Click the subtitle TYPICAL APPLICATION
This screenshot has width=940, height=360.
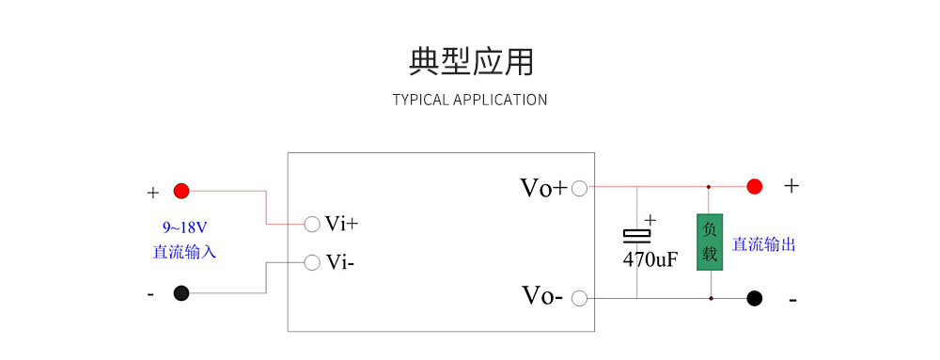(x=470, y=100)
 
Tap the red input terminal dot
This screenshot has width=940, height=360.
(x=181, y=192)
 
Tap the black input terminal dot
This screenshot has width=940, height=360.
(x=181, y=293)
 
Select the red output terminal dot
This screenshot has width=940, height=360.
(x=754, y=186)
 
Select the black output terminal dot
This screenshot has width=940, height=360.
(x=754, y=299)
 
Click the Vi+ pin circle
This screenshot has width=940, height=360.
(x=312, y=224)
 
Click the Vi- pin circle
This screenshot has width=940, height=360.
(x=312, y=262)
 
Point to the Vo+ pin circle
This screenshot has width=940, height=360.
(x=579, y=188)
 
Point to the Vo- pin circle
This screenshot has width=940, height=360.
(x=579, y=299)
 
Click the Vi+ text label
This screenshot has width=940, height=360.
(x=341, y=224)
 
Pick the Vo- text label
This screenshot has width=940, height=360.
(x=542, y=297)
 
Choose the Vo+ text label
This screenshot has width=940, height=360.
(x=543, y=188)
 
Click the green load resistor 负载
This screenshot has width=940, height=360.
(x=709, y=243)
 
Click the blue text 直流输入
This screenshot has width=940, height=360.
(x=184, y=252)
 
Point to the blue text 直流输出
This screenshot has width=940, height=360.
(x=764, y=244)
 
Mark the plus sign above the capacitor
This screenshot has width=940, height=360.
(x=650, y=220)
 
